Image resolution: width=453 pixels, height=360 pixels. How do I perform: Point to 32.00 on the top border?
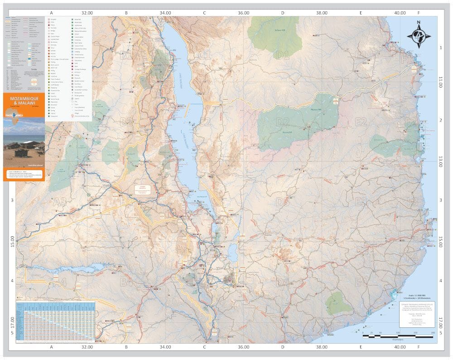(x=87, y=13)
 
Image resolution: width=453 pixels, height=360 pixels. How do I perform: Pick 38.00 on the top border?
(x=322, y=13)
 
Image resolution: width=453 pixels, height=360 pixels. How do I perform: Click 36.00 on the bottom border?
(x=243, y=347)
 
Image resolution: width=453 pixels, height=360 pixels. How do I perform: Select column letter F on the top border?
(x=419, y=13)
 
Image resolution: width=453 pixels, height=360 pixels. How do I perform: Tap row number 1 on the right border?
(x=440, y=48)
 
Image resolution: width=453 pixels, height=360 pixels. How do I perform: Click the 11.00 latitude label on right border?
(x=440, y=82)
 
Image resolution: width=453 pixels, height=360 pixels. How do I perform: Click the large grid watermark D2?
(x=283, y=122)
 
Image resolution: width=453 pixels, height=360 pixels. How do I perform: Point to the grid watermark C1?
(x=205, y=55)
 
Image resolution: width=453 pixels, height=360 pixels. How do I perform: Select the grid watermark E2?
(x=361, y=122)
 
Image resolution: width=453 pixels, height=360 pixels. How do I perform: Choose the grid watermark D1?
(x=283, y=55)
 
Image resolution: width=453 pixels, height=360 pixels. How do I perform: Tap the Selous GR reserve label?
(x=280, y=31)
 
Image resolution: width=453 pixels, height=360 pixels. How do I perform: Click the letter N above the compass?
(x=419, y=22)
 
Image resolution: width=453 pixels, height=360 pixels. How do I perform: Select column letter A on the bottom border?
(x=52, y=347)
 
